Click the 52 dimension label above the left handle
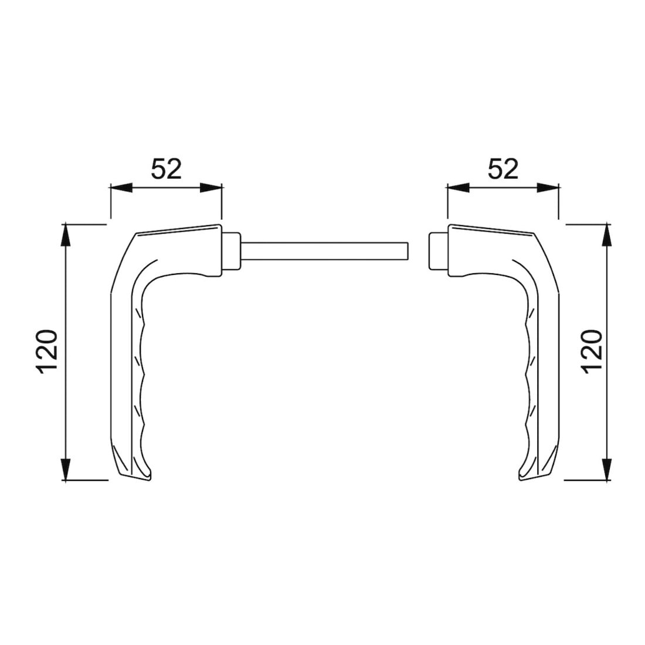[166, 169]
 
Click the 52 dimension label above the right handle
[503, 169]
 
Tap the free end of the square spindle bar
[408, 251]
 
